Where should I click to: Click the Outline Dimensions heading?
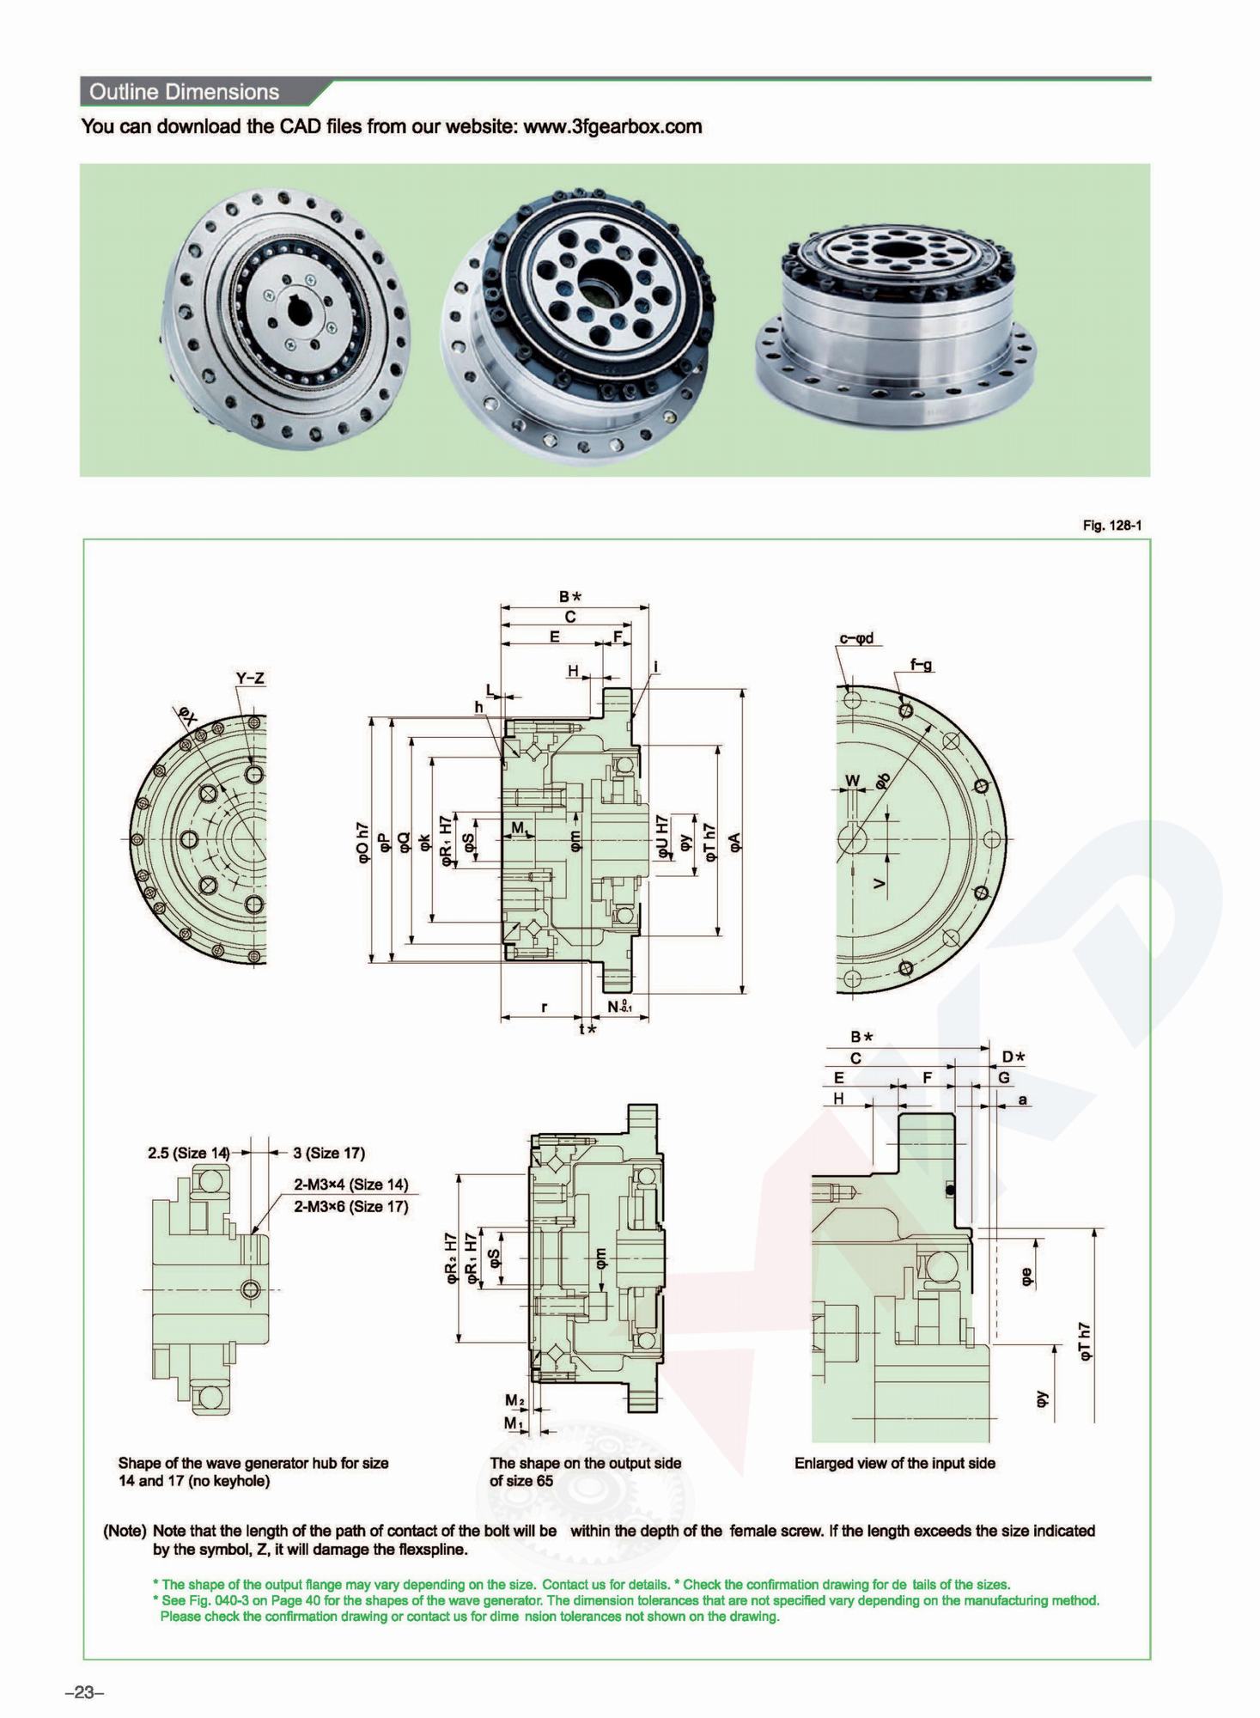tap(184, 92)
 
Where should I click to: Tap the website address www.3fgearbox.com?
tap(612, 127)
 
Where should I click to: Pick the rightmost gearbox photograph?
tap(896, 322)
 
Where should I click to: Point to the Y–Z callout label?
tap(250, 679)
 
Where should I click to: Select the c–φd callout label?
tap(856, 638)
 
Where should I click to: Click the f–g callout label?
tap(921, 664)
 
